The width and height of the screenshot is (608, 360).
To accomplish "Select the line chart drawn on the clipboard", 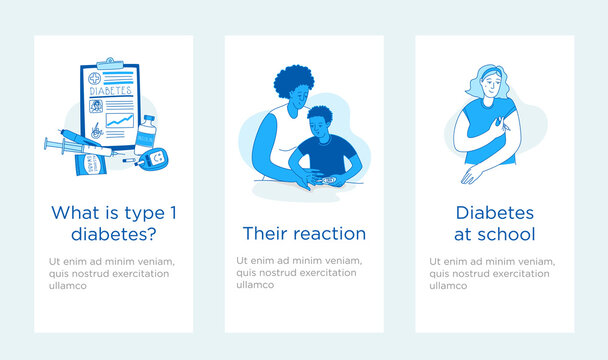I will click(x=120, y=124).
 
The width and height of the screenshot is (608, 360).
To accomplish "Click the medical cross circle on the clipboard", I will click(x=94, y=76).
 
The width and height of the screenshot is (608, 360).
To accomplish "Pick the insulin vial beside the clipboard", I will click(x=147, y=133).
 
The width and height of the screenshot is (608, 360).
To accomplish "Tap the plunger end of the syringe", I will click(x=47, y=144).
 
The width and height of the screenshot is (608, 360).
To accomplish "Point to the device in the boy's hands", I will click(x=319, y=180).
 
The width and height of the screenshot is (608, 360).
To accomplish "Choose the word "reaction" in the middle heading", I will click(x=331, y=234).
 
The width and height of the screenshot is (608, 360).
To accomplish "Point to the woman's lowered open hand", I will click(x=469, y=175).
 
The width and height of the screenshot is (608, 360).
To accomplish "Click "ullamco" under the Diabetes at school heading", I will click(x=447, y=285).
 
